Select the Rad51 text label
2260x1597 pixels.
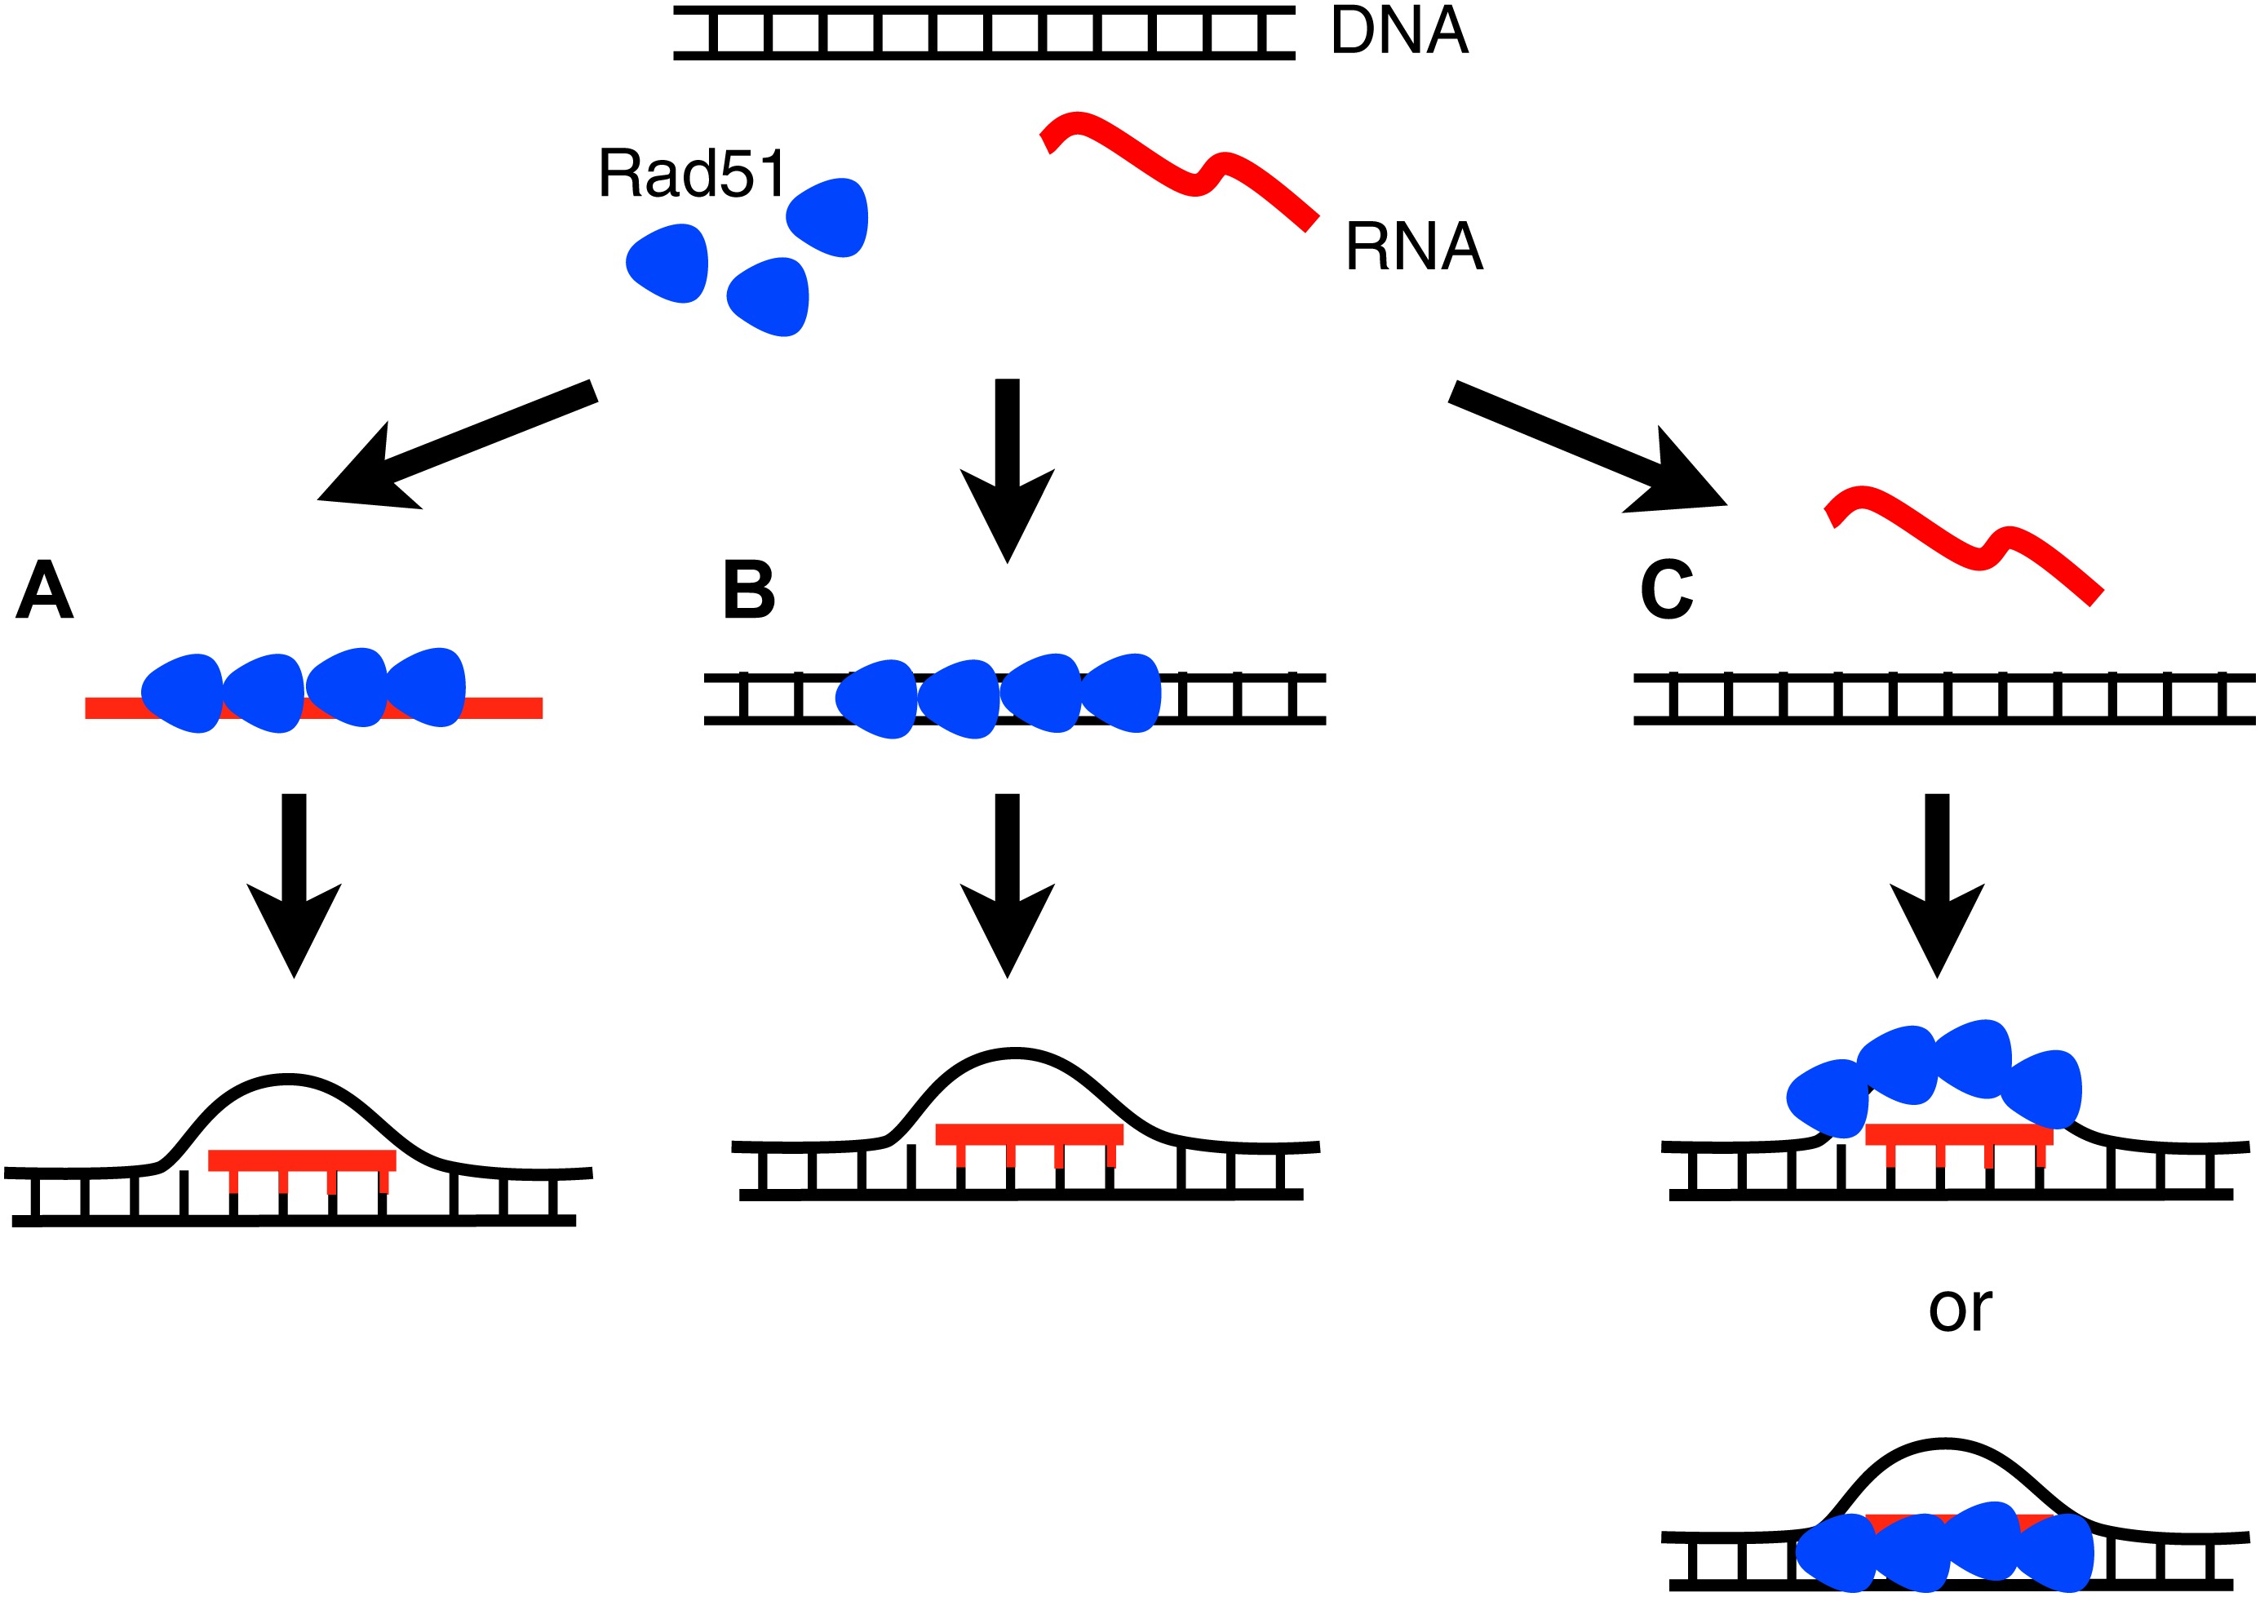[x=692, y=175]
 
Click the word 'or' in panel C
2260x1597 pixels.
[x=1960, y=1310]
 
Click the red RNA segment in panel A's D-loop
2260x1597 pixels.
[x=301, y=1160]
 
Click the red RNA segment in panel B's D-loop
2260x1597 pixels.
[x=1029, y=1134]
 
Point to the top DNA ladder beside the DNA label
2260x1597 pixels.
[x=983, y=33]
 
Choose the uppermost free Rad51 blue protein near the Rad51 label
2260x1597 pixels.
[x=829, y=218]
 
